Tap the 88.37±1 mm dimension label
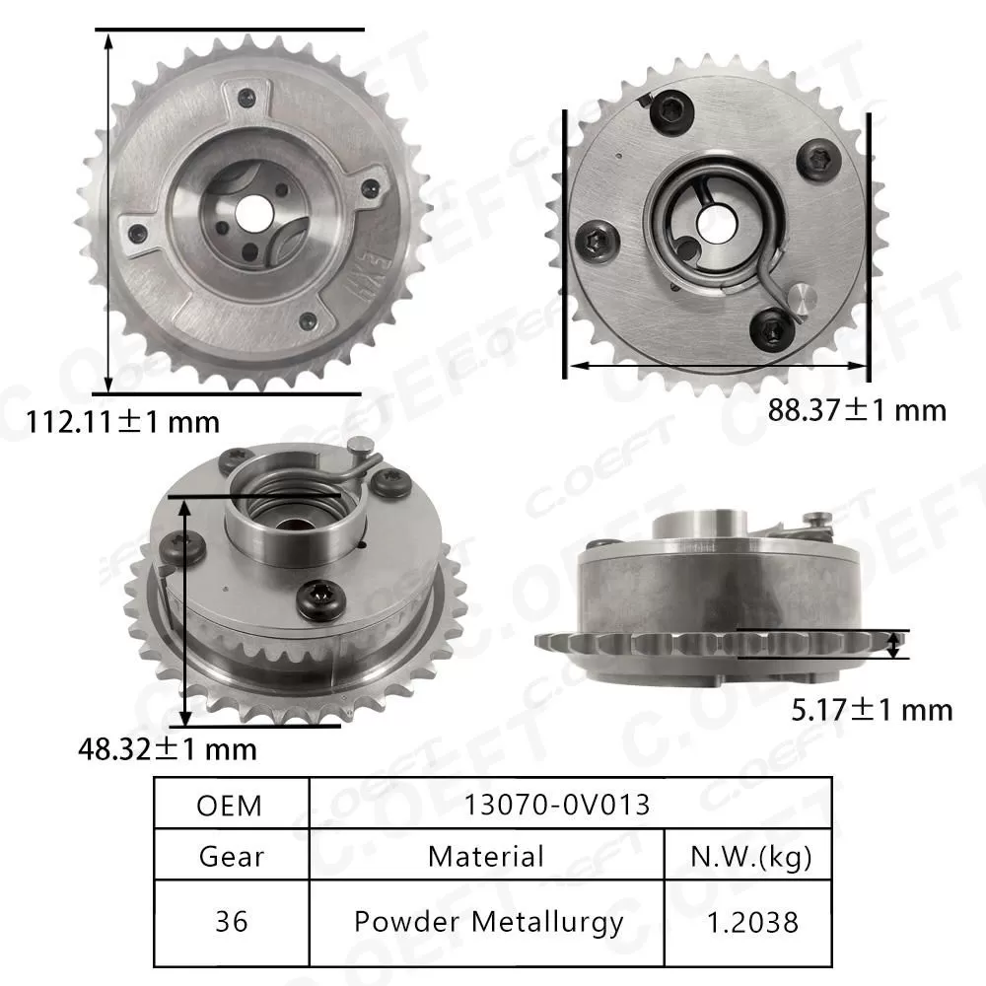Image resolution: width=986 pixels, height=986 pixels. pos(857,409)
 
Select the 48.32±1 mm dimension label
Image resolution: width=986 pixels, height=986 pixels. pos(167,748)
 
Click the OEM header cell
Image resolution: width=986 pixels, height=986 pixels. pos(230,805)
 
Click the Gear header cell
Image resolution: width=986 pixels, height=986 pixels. pos(232,855)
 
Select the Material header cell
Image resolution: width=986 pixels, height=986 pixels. pos(486,855)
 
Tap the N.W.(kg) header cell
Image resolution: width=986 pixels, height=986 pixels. pos(747,855)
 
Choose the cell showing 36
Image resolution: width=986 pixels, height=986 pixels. pos(232,922)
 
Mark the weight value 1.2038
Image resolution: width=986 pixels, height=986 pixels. pos(747,922)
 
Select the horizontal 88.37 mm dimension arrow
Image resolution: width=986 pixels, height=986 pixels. pos(717,366)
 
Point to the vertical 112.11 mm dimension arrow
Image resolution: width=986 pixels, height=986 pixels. pos(107,212)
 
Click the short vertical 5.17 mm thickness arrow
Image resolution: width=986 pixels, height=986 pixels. pos(894,645)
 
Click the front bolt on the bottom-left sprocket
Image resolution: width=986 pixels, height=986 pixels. pos(320,596)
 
